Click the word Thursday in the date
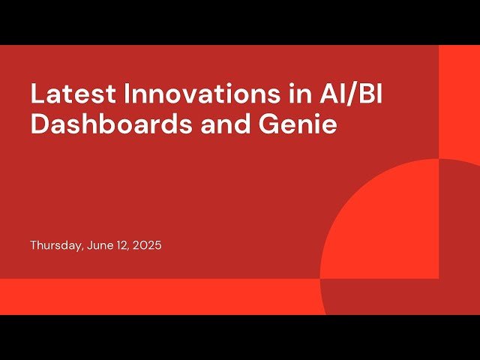click(x=54, y=245)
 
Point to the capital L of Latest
click(x=36, y=94)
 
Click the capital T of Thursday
click(x=34, y=245)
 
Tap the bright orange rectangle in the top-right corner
click(x=459, y=97)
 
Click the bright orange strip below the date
click(x=150, y=296)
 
